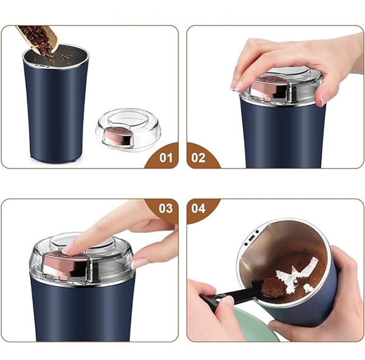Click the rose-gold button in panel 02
click(x=271, y=88)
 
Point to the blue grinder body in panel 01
click(x=55, y=111)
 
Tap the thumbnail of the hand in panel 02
click(x=323, y=100)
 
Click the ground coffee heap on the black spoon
click(x=270, y=287)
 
